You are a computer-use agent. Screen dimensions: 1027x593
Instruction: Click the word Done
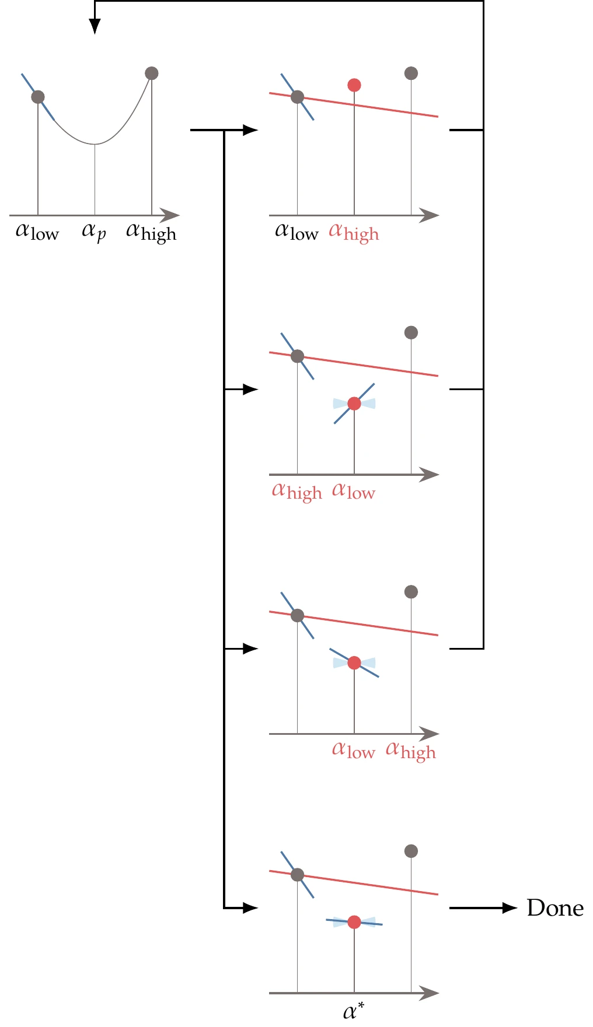coord(554,908)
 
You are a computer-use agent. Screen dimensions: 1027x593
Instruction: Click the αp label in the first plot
coord(94,232)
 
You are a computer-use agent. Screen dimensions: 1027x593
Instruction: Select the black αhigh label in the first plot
coord(151,233)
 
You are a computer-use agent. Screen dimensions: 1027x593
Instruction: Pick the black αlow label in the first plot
coord(37,232)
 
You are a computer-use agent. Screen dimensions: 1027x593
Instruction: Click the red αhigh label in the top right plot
coord(354,233)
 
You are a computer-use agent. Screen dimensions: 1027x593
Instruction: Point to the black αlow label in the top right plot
coord(296,232)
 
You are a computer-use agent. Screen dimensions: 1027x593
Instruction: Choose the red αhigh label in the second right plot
coord(296,492)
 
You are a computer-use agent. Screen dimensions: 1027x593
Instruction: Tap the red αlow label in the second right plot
coord(354,491)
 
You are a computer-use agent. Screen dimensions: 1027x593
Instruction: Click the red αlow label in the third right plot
coord(354,750)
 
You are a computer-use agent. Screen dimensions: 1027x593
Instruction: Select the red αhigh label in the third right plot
coord(411,751)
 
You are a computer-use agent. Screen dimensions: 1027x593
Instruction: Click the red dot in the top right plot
coord(354,85)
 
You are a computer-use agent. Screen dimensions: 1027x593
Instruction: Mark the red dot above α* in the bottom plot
coord(354,922)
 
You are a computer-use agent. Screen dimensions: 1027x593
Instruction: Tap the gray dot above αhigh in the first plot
coord(152,73)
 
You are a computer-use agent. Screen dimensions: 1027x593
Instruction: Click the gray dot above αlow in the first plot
coord(38,97)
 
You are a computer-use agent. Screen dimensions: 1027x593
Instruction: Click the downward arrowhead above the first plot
coord(95,26)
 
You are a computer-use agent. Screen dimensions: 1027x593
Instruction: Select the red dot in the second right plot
coord(354,404)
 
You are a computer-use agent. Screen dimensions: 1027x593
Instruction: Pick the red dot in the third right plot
coord(354,663)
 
